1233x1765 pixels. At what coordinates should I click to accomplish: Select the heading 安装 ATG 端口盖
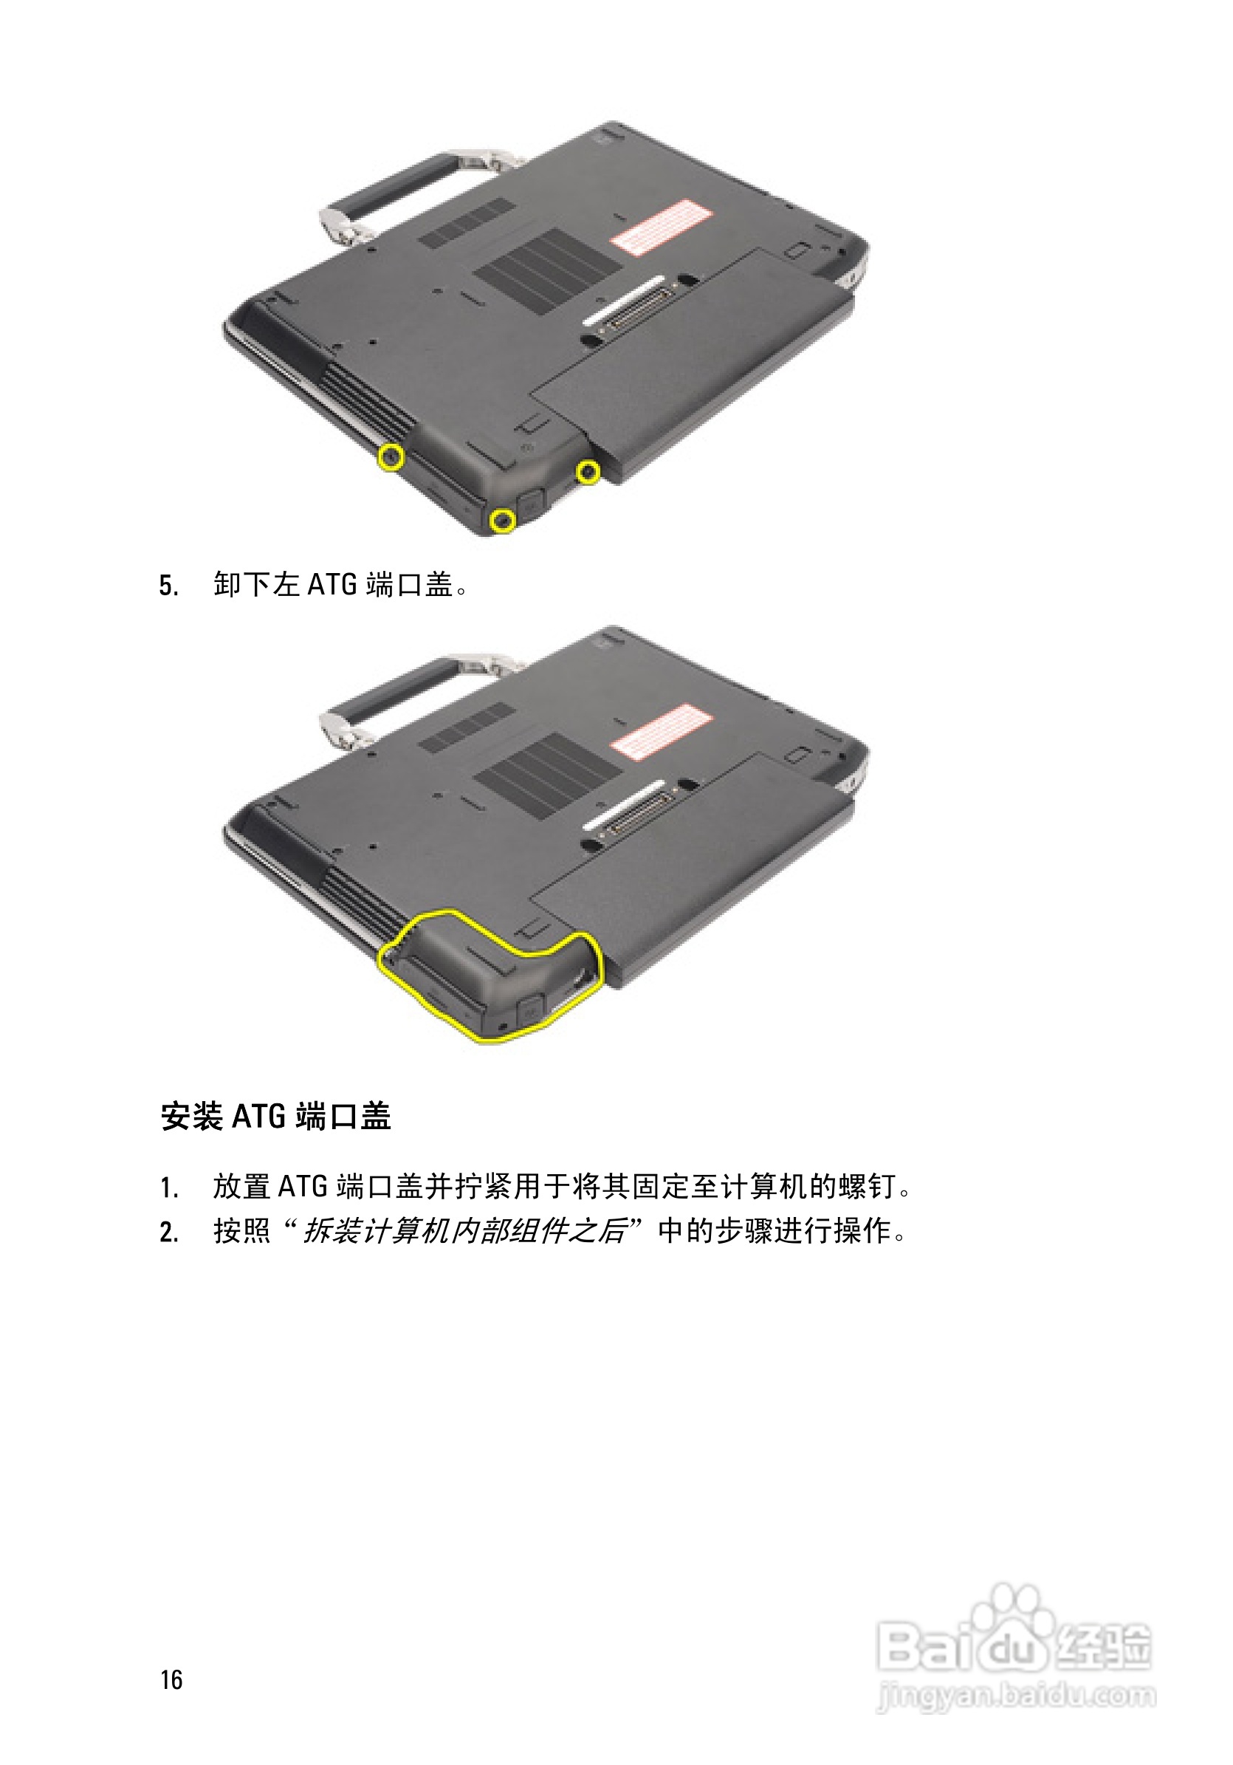(x=275, y=1116)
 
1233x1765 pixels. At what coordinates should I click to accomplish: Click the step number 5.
(x=168, y=586)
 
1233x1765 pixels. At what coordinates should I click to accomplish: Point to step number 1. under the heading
(x=169, y=1187)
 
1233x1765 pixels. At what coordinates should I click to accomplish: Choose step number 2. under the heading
(x=169, y=1233)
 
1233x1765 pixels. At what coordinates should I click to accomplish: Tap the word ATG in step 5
(x=332, y=585)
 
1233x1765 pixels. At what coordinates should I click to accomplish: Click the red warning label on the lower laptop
(x=660, y=730)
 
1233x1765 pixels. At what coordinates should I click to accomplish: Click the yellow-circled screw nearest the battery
(x=588, y=471)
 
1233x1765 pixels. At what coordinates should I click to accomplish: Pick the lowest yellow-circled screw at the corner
(x=502, y=521)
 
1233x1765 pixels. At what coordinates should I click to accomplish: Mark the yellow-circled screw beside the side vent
(x=391, y=457)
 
